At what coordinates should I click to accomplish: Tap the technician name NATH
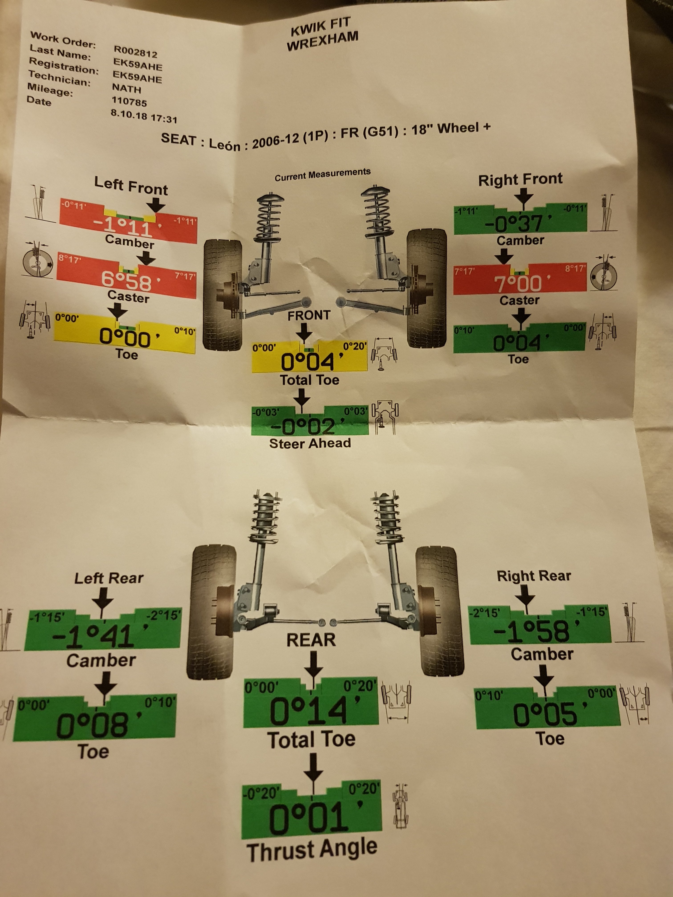tap(127, 88)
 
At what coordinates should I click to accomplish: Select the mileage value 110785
tap(129, 101)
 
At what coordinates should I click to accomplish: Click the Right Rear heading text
tap(534, 576)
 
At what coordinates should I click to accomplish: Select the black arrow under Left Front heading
tap(156, 205)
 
